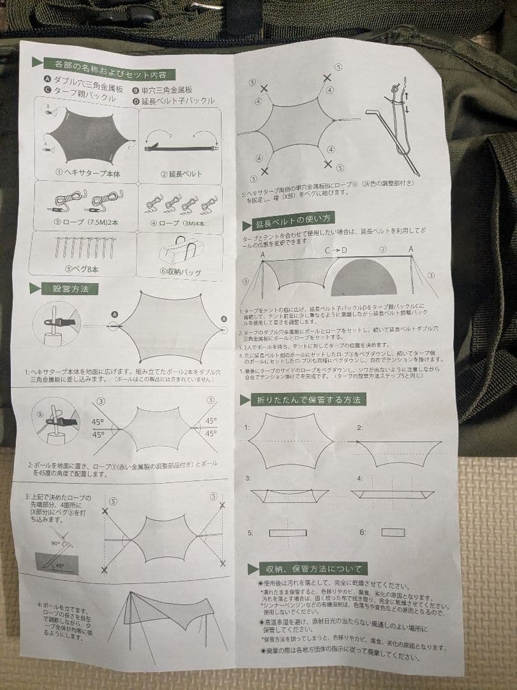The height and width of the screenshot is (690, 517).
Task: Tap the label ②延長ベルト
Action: coord(181,174)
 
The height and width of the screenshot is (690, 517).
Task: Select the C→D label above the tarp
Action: coord(336,250)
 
